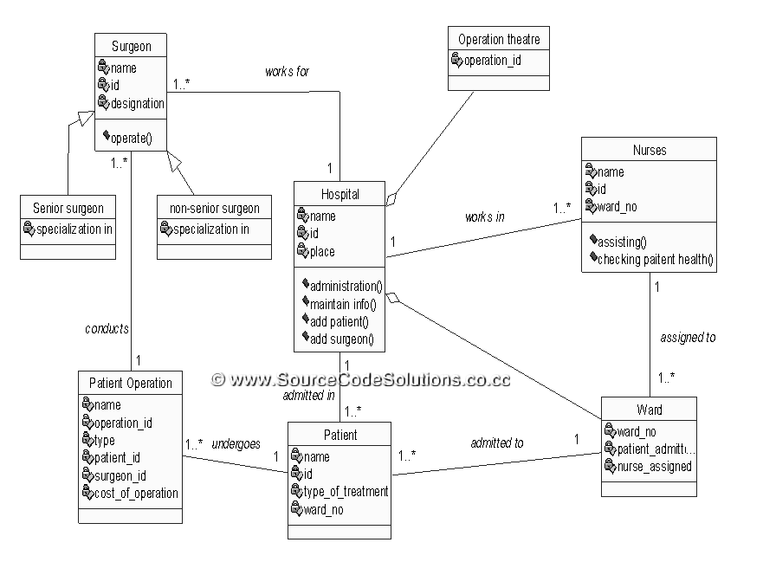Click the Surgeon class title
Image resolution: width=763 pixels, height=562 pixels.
131,46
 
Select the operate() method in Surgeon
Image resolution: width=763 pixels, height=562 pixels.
131,138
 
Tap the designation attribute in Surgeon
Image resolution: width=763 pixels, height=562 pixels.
137,103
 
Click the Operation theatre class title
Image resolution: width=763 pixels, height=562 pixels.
498,39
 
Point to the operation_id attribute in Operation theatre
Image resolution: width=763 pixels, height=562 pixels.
492,61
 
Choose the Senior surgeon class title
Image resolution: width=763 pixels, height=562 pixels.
68,208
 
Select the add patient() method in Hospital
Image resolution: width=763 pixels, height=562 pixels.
339,321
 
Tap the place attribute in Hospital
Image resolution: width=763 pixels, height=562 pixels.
322,252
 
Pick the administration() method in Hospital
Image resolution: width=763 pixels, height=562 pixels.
346,286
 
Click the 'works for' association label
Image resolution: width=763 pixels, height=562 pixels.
287,72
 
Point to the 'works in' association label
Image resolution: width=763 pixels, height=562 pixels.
485,217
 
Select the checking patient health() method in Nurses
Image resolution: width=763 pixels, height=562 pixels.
655,259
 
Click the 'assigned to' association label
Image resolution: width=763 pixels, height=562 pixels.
688,338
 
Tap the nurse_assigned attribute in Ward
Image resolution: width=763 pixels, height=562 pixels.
654,467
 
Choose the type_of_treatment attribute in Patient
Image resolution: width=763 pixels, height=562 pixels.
346,492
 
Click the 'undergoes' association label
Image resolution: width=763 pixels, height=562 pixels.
236,444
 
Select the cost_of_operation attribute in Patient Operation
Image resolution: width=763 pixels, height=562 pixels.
136,493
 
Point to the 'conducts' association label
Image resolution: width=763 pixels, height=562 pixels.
107,329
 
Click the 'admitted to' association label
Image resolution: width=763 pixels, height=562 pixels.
496,443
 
